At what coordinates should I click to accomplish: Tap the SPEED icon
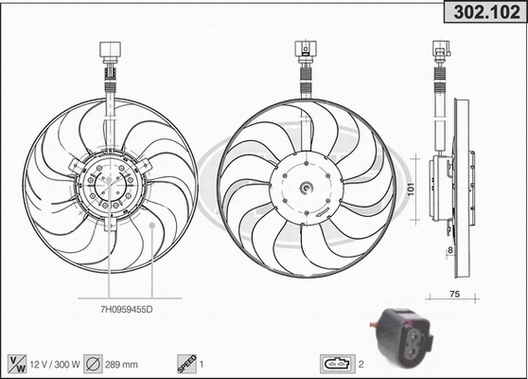coord(186,362)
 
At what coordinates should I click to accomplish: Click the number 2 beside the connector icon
coord(361,362)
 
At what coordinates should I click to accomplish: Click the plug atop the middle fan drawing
coord(305,48)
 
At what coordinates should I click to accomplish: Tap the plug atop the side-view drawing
coord(442,48)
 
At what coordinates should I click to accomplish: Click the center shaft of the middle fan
coord(305,189)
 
